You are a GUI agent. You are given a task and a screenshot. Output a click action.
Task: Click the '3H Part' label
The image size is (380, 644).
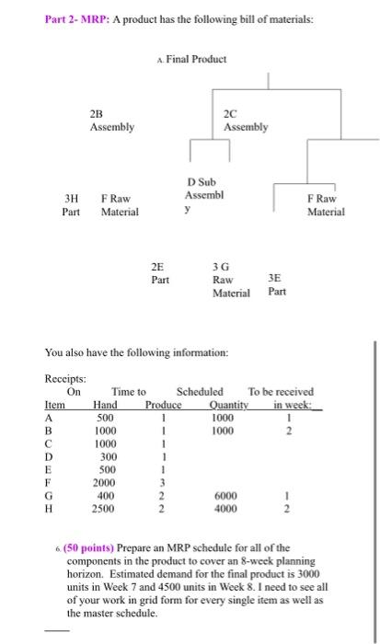(71, 204)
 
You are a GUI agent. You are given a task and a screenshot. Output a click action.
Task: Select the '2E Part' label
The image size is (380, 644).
(160, 273)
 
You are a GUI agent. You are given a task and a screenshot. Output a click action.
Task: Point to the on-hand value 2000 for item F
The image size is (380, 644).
(106, 481)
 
